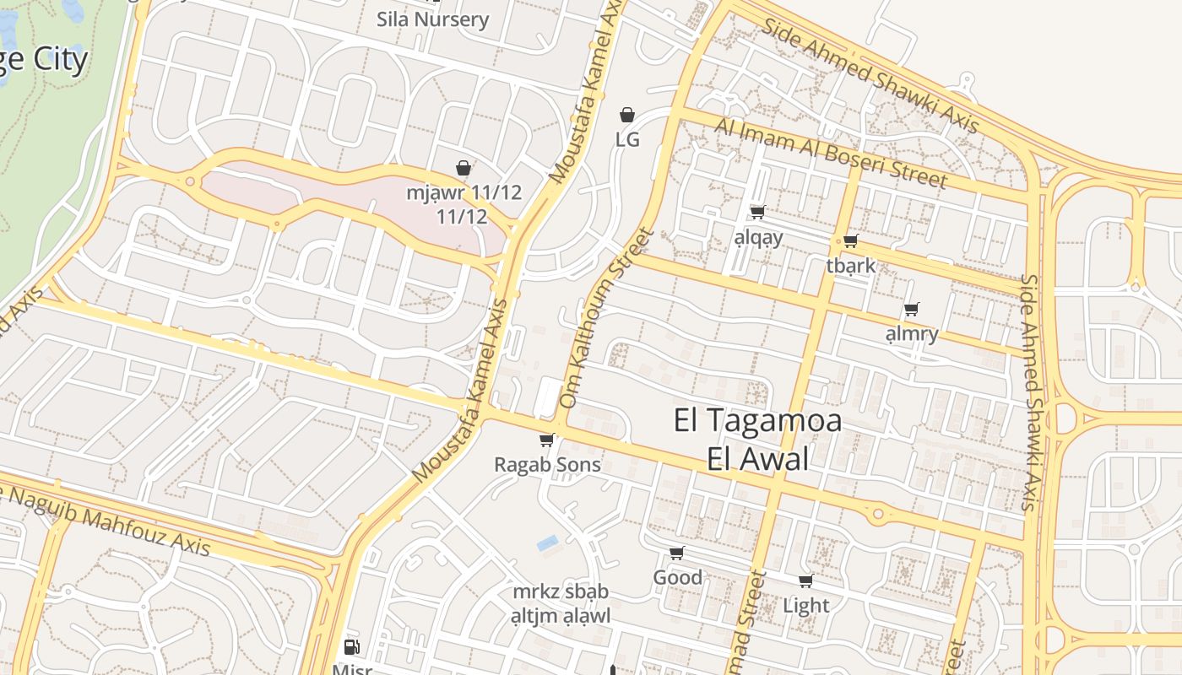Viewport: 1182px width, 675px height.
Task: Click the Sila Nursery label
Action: [432, 19]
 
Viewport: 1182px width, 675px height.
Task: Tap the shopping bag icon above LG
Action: [627, 115]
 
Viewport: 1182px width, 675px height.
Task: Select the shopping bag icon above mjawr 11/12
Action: [463, 168]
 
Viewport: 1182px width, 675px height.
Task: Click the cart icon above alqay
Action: [758, 213]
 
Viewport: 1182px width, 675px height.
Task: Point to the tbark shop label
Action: [850, 266]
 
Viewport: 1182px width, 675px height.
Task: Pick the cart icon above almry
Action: [911, 310]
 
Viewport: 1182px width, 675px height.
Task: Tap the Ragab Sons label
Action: [547, 464]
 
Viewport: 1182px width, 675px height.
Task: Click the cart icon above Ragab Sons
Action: [547, 440]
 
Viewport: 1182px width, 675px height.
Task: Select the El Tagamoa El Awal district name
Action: [757, 439]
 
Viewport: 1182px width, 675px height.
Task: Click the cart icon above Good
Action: [676, 553]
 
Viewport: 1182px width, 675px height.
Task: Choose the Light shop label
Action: [805, 605]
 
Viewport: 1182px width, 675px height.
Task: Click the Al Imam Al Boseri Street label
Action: [831, 153]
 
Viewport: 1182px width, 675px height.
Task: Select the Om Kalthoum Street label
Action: [606, 317]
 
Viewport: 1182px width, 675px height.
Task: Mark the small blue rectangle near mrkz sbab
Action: [547, 543]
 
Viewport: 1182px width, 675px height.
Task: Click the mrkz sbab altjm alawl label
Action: [561, 603]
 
